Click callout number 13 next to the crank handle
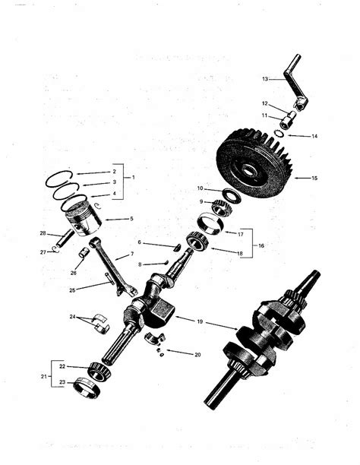(x=265, y=79)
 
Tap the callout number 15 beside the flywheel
(x=315, y=178)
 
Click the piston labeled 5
(x=83, y=217)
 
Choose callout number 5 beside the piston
(x=131, y=219)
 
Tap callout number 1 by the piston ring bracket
(x=133, y=178)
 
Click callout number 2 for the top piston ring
(x=114, y=171)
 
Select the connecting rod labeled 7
(x=111, y=270)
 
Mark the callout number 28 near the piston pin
(x=43, y=232)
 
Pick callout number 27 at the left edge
(x=43, y=251)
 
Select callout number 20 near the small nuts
(x=197, y=354)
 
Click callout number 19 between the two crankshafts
(x=200, y=322)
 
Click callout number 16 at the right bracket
(x=261, y=246)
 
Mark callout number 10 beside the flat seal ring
(x=200, y=188)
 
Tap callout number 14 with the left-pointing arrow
(x=314, y=136)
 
